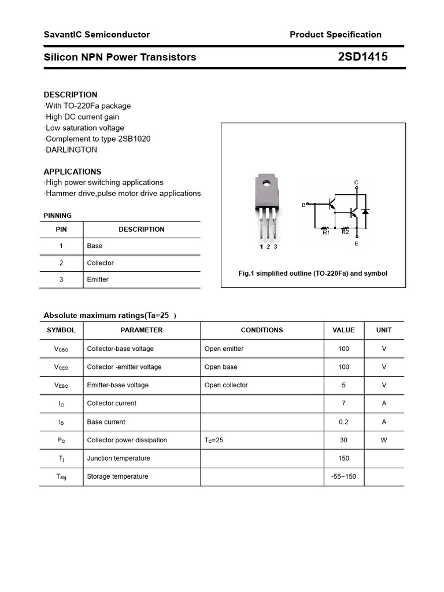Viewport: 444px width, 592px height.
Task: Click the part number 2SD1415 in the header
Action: click(362, 57)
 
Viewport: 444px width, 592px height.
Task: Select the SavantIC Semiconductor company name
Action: click(97, 35)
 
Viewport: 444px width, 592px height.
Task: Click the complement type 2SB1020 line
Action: click(97, 139)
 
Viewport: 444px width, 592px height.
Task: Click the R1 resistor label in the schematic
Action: click(325, 232)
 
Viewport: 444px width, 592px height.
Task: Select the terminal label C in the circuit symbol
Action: click(356, 183)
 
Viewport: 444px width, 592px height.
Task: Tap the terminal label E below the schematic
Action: click(356, 244)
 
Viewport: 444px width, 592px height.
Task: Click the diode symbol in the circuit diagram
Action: click(365, 212)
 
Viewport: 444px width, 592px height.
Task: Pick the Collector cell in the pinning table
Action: click(100, 263)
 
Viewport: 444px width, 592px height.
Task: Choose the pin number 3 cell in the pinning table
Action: click(61, 279)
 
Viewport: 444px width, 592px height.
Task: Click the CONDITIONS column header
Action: click(262, 330)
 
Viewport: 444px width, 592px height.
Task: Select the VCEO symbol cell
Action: click(61, 367)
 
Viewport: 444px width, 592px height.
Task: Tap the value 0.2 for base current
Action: click(343, 422)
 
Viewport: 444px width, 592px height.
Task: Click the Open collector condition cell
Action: click(226, 385)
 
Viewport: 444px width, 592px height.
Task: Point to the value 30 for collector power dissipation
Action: click(343, 440)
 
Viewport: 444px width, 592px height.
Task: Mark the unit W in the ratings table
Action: click(384, 440)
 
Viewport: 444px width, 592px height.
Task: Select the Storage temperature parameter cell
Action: click(117, 476)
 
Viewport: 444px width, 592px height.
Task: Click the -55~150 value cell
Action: click(343, 476)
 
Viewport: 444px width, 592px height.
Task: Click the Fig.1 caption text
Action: click(313, 273)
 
